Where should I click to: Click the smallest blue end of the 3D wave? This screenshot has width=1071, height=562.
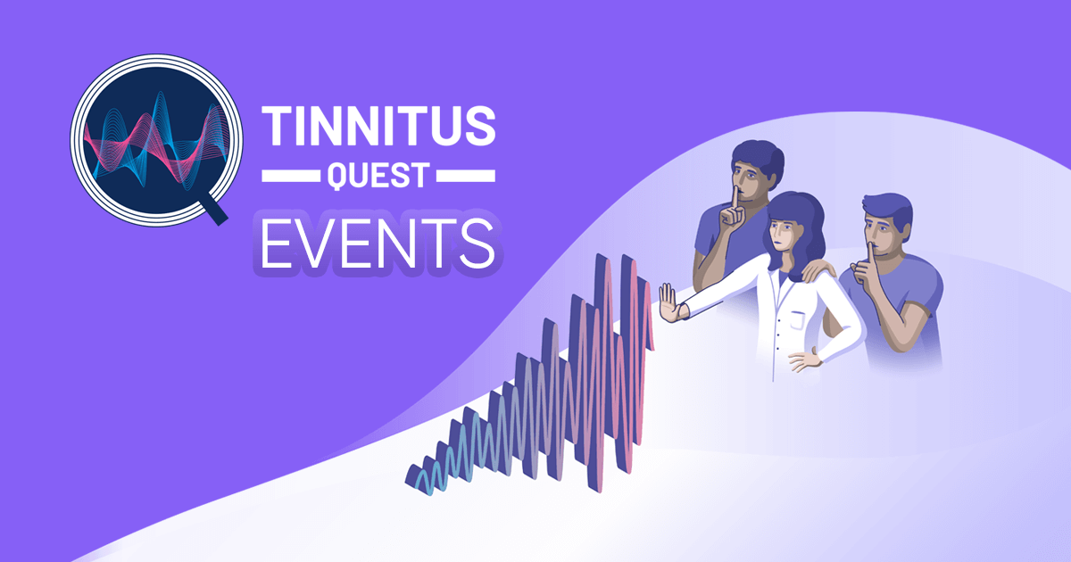pyautogui.click(x=416, y=477)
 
